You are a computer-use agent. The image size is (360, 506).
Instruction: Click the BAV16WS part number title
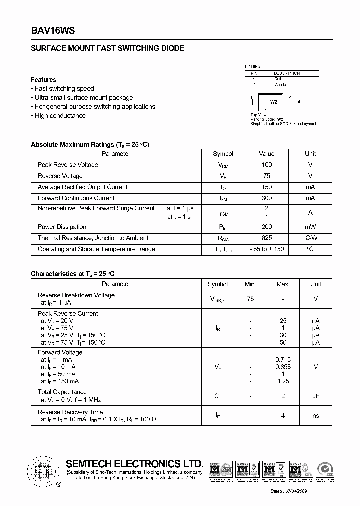point(53,30)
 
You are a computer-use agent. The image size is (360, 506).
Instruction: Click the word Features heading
point(44,80)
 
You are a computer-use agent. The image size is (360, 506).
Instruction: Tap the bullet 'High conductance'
point(60,116)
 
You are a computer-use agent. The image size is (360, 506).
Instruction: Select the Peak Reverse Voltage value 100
point(267,165)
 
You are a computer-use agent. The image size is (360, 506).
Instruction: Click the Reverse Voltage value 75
point(267,176)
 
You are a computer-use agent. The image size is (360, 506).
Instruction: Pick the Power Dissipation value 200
point(267,227)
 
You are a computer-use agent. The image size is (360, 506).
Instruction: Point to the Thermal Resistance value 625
point(267,238)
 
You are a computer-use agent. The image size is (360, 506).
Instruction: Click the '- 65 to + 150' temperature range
point(267,249)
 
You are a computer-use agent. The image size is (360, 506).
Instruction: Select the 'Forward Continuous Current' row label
point(69,198)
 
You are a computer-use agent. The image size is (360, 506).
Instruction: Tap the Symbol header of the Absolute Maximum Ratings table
point(223,154)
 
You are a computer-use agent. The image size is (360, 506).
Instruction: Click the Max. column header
point(283,284)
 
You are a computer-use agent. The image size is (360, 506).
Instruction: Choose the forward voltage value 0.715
point(283,360)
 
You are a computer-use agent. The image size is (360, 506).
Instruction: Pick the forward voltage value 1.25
point(283,381)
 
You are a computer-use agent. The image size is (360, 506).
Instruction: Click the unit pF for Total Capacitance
point(316,396)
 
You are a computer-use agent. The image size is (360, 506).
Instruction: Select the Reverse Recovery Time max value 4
point(283,416)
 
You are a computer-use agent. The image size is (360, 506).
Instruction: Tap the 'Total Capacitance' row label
point(62,392)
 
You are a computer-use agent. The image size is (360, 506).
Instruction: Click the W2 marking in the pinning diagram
point(274,102)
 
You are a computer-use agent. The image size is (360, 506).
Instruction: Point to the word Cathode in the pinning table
point(281,79)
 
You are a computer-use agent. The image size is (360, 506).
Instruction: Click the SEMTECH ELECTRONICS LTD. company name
point(135,464)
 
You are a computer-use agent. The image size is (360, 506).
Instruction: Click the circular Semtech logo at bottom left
point(44,471)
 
